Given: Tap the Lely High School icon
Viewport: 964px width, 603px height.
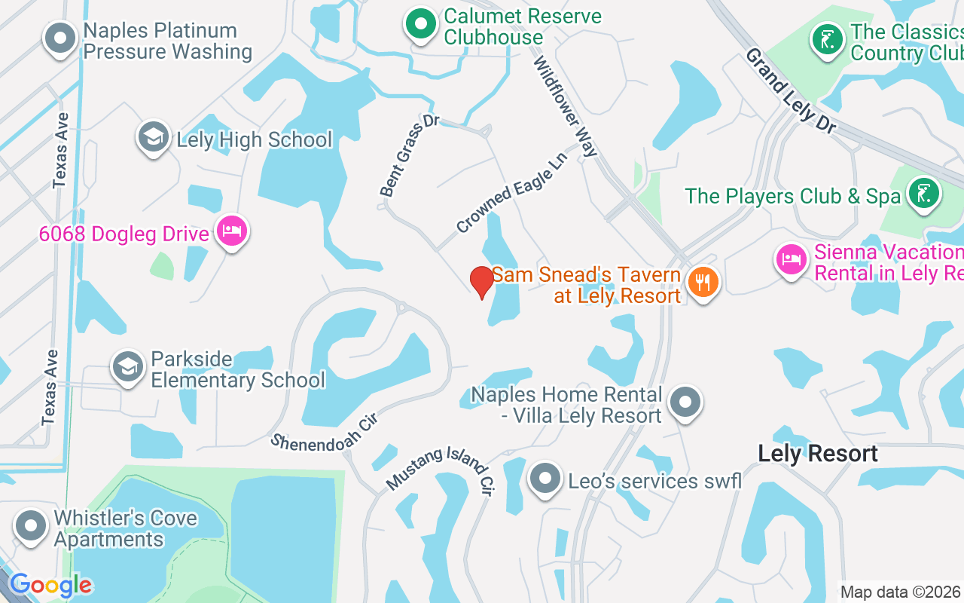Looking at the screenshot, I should [154, 138].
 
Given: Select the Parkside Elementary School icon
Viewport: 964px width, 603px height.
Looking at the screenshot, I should [127, 367].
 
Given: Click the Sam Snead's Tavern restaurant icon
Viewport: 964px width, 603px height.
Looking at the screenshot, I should [703, 283].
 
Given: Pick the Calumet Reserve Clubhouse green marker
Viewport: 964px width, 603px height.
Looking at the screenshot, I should [421, 25].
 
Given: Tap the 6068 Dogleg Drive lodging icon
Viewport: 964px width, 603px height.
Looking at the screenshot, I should [231, 232].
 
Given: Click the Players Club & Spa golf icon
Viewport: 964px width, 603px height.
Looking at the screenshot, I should [924, 194].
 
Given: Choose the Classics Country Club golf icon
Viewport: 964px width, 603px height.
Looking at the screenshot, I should [828, 39].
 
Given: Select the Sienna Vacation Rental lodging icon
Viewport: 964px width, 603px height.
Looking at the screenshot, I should [791, 260].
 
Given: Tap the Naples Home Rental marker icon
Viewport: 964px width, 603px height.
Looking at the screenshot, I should [685, 403].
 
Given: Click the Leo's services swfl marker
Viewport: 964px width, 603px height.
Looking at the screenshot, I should [545, 479].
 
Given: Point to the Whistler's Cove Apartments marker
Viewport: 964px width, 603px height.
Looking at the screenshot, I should [31, 526].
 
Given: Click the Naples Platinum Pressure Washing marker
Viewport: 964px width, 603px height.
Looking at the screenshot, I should [60, 38].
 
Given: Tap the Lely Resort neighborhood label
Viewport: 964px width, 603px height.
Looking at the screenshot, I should [818, 453].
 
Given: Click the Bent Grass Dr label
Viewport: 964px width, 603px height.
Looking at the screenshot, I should [410, 156].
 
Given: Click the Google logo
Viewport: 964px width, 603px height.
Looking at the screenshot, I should [50, 585].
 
